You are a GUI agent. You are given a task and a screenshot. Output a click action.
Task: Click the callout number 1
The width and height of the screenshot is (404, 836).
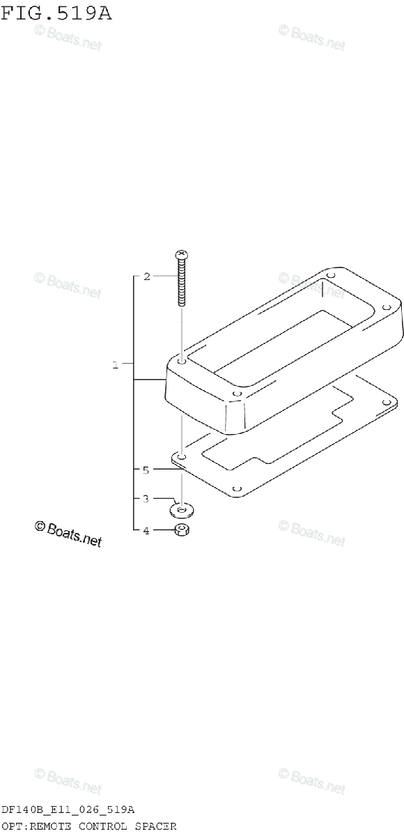(115, 365)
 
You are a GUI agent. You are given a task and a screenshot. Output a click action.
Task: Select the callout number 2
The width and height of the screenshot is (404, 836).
(146, 277)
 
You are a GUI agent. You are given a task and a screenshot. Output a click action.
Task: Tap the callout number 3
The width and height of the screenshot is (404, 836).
(146, 499)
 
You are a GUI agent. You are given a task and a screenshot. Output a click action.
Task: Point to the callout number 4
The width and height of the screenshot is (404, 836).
(146, 531)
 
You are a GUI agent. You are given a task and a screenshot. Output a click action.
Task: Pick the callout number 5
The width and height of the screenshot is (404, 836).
(146, 470)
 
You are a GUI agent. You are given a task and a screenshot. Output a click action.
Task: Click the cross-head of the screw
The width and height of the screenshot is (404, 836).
(182, 255)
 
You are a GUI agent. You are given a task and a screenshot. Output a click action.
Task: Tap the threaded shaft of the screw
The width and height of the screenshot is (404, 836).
(182, 283)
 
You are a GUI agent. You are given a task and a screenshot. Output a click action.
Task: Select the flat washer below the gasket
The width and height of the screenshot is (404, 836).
(182, 510)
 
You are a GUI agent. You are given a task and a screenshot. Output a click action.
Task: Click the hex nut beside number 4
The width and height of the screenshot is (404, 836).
(182, 529)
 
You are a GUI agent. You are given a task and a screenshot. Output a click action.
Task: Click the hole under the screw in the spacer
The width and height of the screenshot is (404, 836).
(182, 362)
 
